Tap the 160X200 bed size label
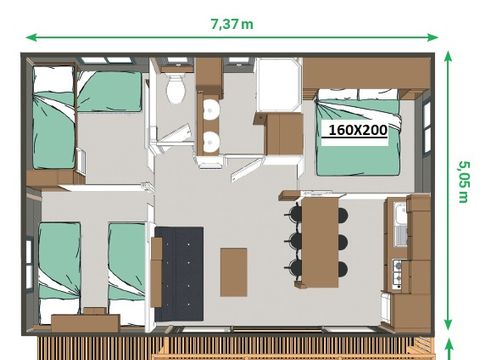coord(358,129)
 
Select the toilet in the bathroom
coord(177,88)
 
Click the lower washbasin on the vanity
coord(210,141)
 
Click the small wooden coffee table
coord(233,271)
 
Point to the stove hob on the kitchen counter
coord(399,273)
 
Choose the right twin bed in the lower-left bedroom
coord(127,260)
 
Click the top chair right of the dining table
coord(342,215)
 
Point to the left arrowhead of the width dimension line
coord(29,37)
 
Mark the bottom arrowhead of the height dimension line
coord(447,329)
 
